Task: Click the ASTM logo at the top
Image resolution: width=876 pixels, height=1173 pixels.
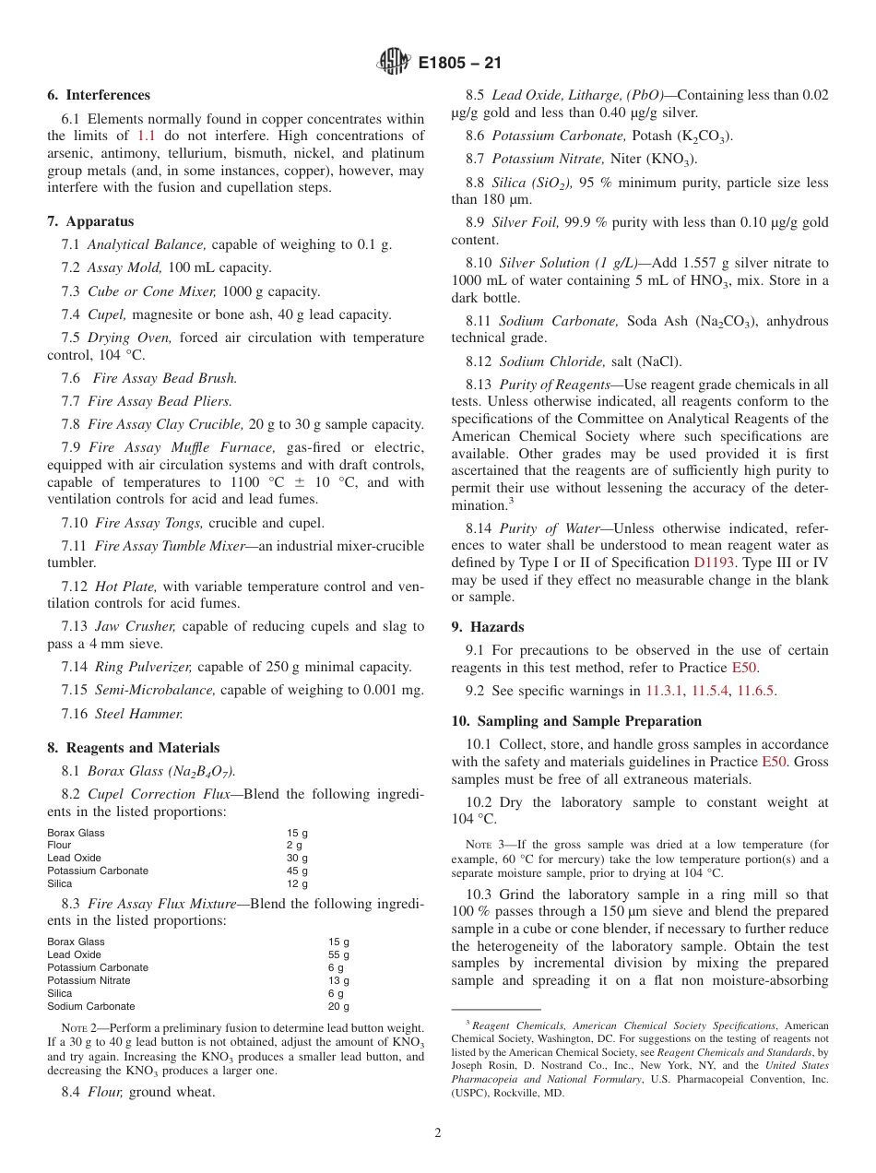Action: [x=393, y=63]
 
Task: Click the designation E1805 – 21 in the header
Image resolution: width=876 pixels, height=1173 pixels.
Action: [x=459, y=64]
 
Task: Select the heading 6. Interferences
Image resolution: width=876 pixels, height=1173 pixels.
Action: [x=99, y=95]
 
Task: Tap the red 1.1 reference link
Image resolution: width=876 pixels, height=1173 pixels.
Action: [x=147, y=136]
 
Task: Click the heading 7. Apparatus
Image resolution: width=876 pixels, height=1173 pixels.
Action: [x=90, y=221]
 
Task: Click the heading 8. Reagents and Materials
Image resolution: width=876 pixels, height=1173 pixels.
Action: [x=134, y=748]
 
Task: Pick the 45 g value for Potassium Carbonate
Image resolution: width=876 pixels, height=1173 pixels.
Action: [x=297, y=871]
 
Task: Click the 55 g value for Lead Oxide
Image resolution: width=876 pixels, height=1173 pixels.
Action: [x=338, y=955]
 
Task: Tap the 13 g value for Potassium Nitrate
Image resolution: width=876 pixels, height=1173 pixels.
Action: [x=338, y=981]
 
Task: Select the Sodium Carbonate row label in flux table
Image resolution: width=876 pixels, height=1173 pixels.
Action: [x=91, y=1006]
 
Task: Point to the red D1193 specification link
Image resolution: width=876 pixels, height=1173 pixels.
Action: [x=713, y=563]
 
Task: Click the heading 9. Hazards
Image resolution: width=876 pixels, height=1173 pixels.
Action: [x=488, y=627]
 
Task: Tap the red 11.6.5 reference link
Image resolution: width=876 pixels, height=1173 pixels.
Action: [x=754, y=691]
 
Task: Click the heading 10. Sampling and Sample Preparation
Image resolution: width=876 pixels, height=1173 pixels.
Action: [x=576, y=721]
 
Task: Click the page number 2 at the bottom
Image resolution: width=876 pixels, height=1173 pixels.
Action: [x=438, y=1133]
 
